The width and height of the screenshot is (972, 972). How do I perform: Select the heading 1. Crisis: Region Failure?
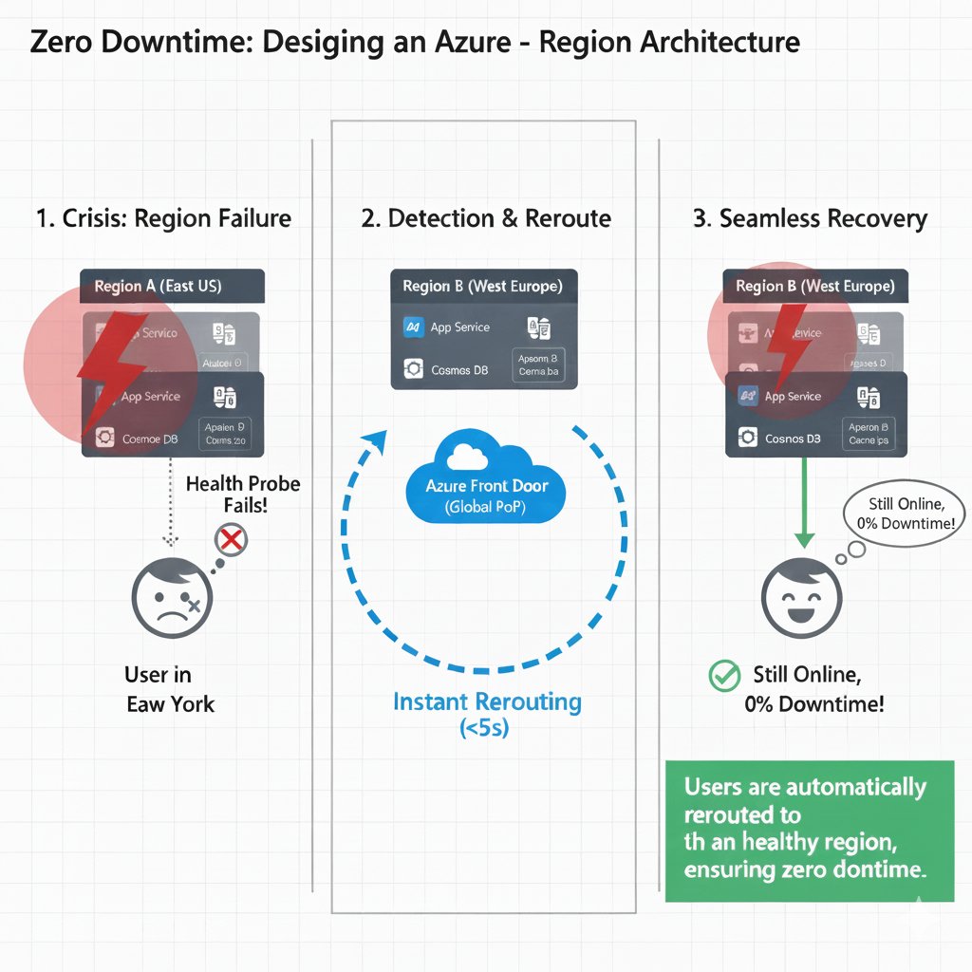pos(163,218)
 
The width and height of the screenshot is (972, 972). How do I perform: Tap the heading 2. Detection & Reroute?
pos(486,218)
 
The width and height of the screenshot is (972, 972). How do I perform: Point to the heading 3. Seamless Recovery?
pos(810,218)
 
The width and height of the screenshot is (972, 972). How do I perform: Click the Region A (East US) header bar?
pos(172,286)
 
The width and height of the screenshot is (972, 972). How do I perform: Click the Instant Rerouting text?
pos(487,702)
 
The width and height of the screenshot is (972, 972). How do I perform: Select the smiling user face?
pos(803,598)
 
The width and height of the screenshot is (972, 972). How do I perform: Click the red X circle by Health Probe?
pos(232,540)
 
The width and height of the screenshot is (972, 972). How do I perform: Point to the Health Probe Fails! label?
pos(242,495)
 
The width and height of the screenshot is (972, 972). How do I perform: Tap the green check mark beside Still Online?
pos(724,676)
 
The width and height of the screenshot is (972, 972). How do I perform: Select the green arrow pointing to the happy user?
pos(804,503)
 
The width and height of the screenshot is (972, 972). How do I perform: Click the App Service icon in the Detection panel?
pos(414,327)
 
